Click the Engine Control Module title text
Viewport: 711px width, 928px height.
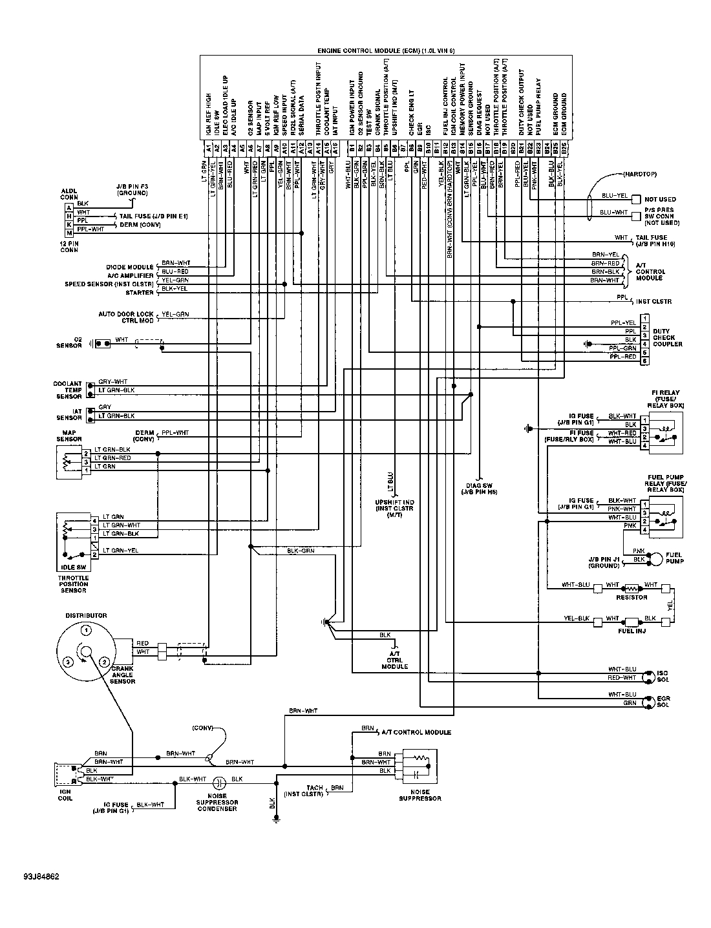click(386, 50)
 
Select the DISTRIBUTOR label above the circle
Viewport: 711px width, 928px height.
click(85, 616)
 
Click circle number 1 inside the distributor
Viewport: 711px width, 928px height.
click(85, 630)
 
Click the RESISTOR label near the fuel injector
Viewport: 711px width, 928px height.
click(631, 597)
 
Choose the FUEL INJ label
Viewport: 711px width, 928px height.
click(631, 630)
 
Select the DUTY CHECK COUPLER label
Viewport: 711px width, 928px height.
click(667, 337)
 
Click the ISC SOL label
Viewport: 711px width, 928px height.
click(663, 677)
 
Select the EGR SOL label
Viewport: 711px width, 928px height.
click(663, 702)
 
